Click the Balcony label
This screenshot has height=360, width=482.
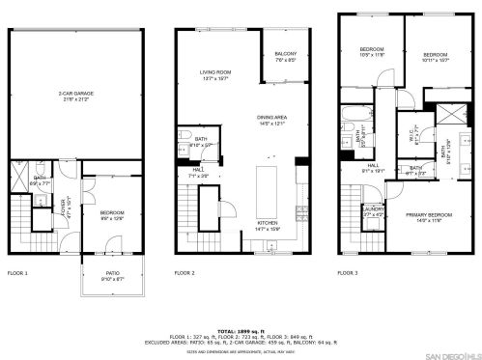[284, 57]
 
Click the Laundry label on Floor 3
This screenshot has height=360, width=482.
[374, 213]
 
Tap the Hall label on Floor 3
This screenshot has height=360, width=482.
[373, 168]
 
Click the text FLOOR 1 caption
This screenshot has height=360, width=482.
[18, 272]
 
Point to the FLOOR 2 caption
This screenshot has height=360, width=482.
[185, 272]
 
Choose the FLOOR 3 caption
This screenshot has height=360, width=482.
[349, 272]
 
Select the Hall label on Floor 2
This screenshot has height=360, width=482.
[196, 173]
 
